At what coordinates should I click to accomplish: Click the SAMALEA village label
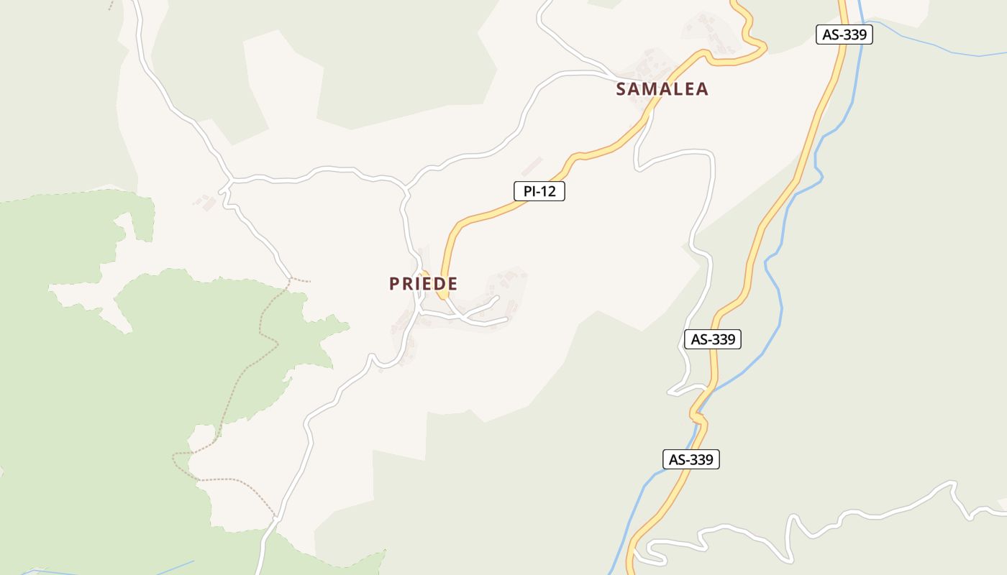(662, 89)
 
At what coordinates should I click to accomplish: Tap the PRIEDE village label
(423, 284)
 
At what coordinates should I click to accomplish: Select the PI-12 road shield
(539, 191)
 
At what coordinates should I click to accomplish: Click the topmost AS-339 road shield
(844, 34)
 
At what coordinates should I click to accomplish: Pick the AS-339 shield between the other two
(712, 339)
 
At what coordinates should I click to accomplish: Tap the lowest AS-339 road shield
(691, 459)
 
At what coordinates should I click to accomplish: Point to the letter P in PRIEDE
(394, 284)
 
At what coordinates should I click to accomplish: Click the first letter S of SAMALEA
(621, 89)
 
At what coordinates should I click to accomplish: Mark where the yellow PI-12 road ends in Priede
(443, 295)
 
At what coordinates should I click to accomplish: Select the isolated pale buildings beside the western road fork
(206, 202)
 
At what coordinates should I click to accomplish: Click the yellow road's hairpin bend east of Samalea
(761, 50)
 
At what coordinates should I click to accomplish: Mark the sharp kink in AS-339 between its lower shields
(696, 415)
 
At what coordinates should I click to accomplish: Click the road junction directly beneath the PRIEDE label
(420, 311)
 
